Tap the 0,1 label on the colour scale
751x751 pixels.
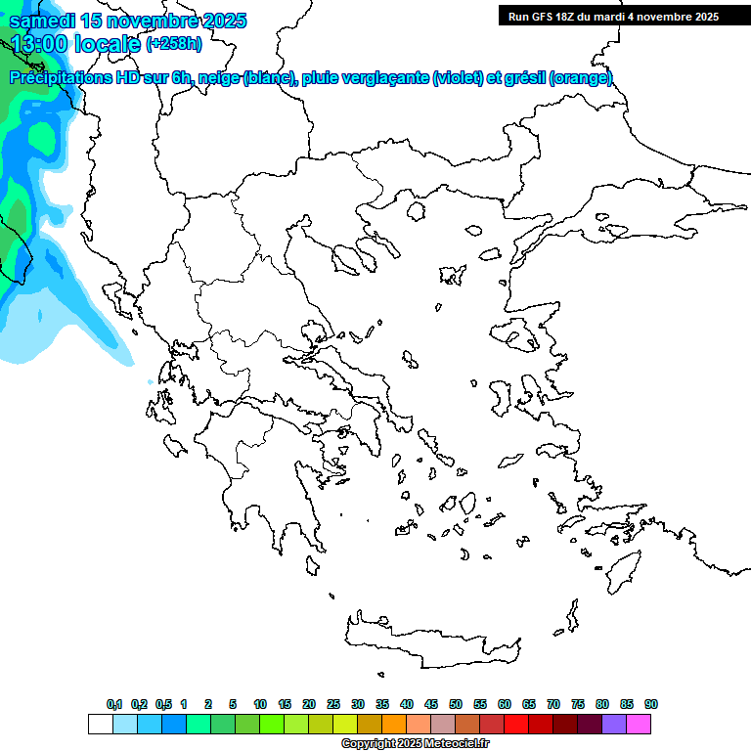pyautogui.click(x=114, y=704)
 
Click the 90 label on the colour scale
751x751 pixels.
pyautogui.click(x=651, y=704)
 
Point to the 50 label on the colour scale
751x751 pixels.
pyautogui.click(x=456, y=704)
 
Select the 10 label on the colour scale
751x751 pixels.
pyautogui.click(x=260, y=704)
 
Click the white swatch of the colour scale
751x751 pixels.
pyautogui.click(x=100, y=724)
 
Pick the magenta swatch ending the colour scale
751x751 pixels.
pyautogui.click(x=639, y=724)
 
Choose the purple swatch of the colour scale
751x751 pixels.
pyautogui.click(x=614, y=724)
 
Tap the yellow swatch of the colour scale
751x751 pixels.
pyautogui.click(x=345, y=724)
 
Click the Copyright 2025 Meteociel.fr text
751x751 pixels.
pyautogui.click(x=416, y=744)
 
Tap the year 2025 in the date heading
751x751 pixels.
pyautogui.click(x=219, y=21)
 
